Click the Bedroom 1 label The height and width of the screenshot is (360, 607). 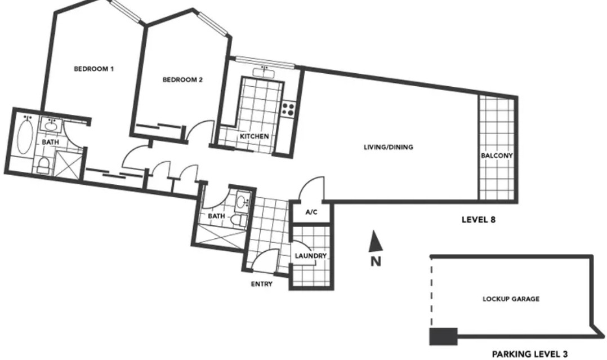click(x=93, y=69)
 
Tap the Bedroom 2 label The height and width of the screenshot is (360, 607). click(x=182, y=80)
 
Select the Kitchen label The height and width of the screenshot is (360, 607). click(x=254, y=136)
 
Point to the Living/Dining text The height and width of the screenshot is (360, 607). click(x=389, y=147)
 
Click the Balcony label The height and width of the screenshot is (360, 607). click(x=497, y=155)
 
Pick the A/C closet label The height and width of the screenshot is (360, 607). click(x=311, y=212)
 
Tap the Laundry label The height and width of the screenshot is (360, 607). click(x=310, y=256)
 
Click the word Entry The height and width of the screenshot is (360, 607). click(x=262, y=284)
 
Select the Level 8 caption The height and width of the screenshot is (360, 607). click(x=479, y=220)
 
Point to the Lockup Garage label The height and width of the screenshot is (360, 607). click(x=511, y=299)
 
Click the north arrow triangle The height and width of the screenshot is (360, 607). click(x=375, y=241)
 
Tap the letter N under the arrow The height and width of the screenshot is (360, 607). click(x=376, y=262)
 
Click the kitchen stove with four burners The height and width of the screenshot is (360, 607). click(x=288, y=109)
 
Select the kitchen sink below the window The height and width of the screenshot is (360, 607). click(x=264, y=72)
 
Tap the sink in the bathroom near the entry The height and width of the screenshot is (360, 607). click(x=243, y=202)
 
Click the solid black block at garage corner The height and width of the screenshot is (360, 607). click(x=443, y=336)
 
